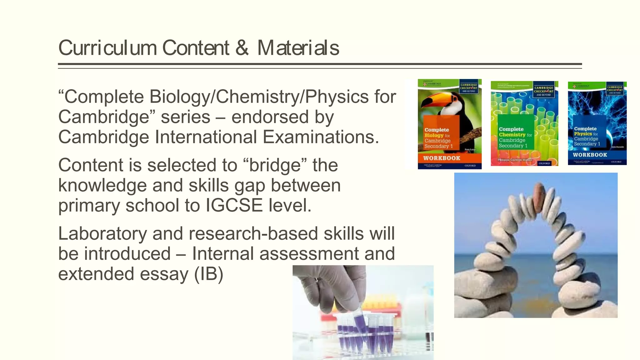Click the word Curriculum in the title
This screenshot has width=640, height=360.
(x=107, y=48)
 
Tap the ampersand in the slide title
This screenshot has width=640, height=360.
(x=242, y=48)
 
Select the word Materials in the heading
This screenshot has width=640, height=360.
(x=298, y=48)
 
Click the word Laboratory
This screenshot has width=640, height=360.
(x=102, y=233)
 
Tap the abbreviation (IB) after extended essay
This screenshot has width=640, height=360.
(x=208, y=274)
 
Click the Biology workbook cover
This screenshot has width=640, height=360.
(x=449, y=124)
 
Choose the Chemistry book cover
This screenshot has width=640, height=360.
(x=524, y=123)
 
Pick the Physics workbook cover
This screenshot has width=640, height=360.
(x=597, y=123)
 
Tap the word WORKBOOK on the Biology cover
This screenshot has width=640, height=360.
(x=442, y=158)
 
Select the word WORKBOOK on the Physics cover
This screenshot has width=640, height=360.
(x=590, y=155)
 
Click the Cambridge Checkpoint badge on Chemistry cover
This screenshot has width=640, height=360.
(x=543, y=90)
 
